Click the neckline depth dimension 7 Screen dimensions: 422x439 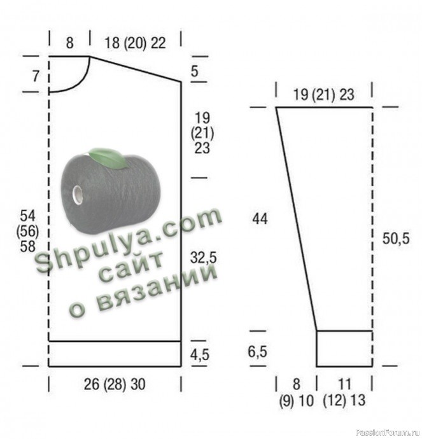36,76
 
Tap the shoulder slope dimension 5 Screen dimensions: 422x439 195,71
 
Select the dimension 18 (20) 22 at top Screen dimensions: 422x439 135,43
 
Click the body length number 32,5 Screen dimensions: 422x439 203,258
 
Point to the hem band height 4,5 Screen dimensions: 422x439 200,355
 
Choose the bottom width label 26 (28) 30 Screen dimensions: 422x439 115,384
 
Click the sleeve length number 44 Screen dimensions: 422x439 260,219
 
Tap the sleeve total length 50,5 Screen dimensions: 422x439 396,239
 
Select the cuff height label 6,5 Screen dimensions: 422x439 257,352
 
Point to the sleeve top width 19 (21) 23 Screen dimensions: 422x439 324,95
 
